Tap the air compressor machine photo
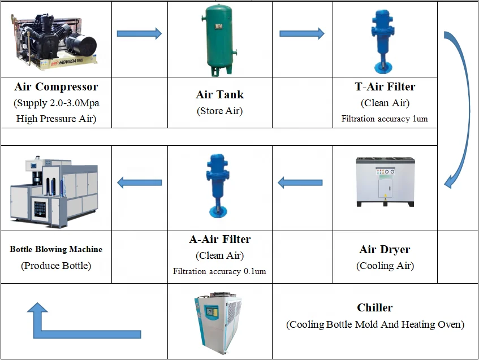pyautogui.click(x=55, y=41)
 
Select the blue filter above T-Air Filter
pyautogui.click(x=382, y=41)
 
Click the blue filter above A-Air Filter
pyautogui.click(x=218, y=185)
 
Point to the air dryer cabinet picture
pyautogui.click(x=385, y=182)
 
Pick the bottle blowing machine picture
pyautogui.click(x=54, y=191)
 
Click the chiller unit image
pyautogui.click(x=219, y=323)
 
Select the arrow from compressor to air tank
pyautogui.click(x=139, y=33)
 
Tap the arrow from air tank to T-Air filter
pyautogui.click(x=302, y=33)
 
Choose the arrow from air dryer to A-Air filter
pyautogui.click(x=300, y=183)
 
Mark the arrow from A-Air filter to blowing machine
pyautogui.click(x=139, y=183)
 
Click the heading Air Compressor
pyautogui.click(x=56, y=86)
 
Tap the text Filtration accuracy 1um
pyautogui.click(x=385, y=119)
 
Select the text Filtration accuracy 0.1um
pyautogui.click(x=219, y=271)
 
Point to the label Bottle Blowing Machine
pyautogui.click(x=56, y=249)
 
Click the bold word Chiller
pyautogui.click(x=375, y=307)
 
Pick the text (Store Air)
pyautogui.click(x=220, y=111)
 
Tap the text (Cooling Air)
pyautogui.click(x=385, y=266)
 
